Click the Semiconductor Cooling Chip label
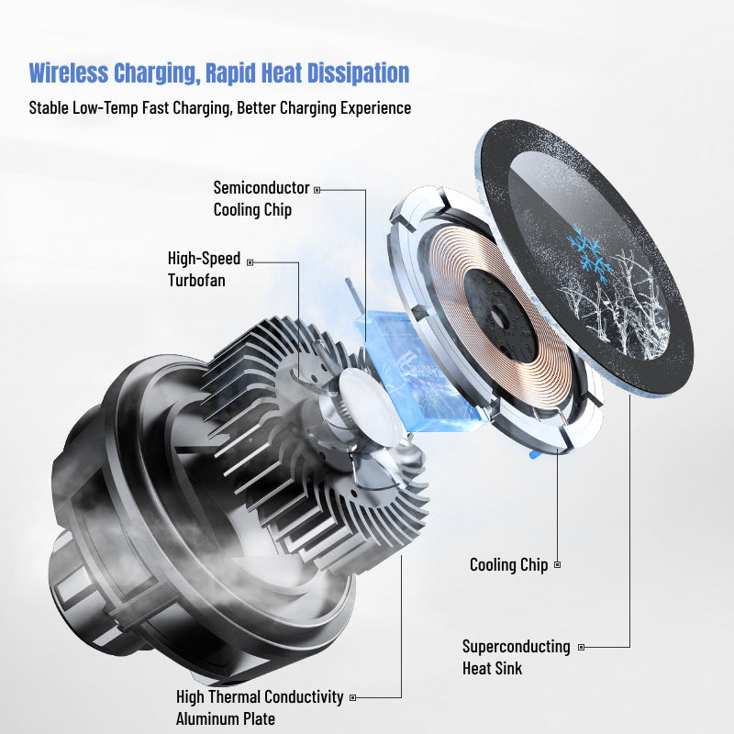(x=261, y=198)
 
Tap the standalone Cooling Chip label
(x=508, y=565)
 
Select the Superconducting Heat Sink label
(x=516, y=657)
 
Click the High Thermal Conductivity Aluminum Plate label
(x=260, y=707)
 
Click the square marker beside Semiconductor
(x=317, y=189)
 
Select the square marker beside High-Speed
(x=250, y=261)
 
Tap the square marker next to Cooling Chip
(x=557, y=565)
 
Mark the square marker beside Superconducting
(x=580, y=647)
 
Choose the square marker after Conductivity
(x=353, y=697)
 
